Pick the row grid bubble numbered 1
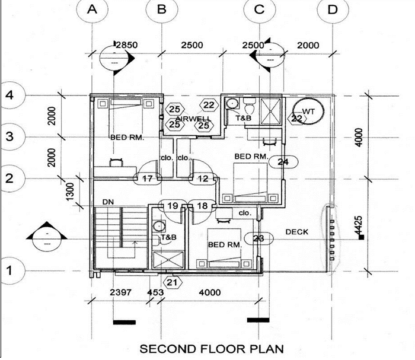(9, 269)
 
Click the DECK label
(296, 232)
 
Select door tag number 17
(148, 178)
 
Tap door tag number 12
(203, 178)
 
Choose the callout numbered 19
(173, 206)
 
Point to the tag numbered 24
(283, 161)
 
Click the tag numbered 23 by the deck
(258, 238)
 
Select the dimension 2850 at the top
(126, 45)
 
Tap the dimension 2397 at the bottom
(120, 292)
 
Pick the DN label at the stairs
(108, 202)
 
